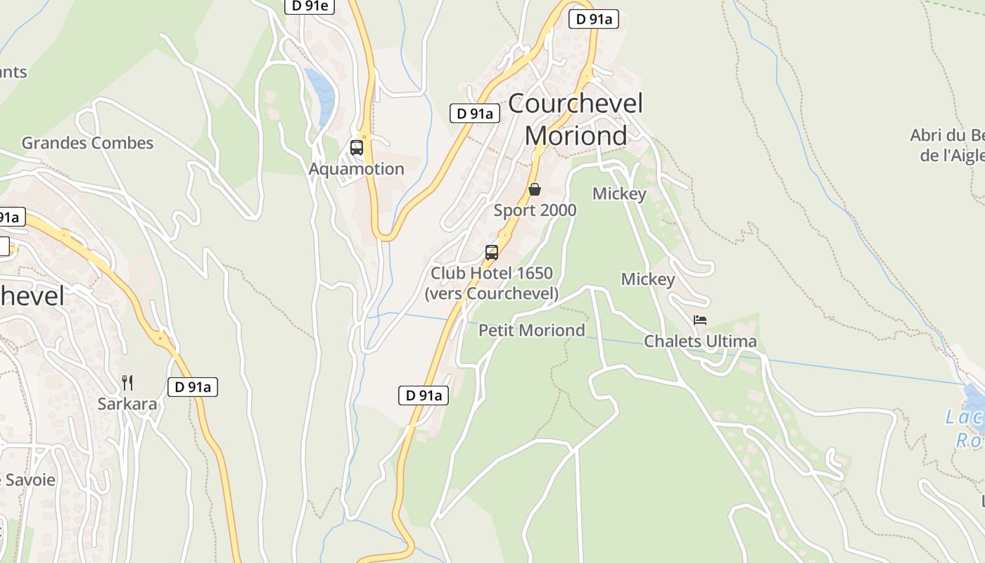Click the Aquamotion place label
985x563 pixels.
[356, 169]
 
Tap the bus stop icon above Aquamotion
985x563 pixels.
[357, 148]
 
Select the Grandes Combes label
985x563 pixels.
[87, 143]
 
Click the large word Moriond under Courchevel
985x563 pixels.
[576, 135]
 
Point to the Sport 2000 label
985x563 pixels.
[535, 210]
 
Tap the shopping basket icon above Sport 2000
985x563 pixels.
[535, 189]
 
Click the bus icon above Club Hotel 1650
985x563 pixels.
[492, 253]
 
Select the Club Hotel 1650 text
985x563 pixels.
[492, 273]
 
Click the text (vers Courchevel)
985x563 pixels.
[492, 293]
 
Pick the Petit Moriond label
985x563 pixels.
[532, 330]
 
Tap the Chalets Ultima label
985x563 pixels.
[701, 341]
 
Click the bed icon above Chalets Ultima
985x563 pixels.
[700, 320]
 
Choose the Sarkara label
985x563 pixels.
[127, 404]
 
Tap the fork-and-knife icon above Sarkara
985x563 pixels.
[127, 383]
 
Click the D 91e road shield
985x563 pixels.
[310, 6]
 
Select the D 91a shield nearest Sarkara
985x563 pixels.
[193, 386]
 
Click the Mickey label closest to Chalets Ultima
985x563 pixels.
[648, 279]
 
